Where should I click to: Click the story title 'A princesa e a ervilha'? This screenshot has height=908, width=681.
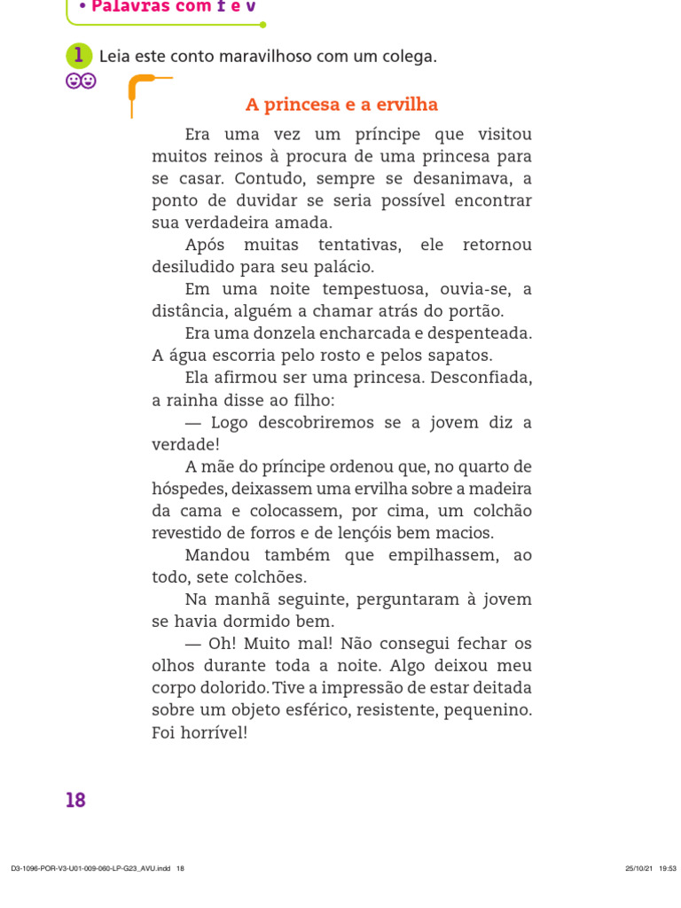[341, 105]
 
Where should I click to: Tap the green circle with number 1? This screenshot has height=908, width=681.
[79, 56]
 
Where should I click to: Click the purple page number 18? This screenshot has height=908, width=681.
[75, 800]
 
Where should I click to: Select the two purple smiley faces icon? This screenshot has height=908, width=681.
[81, 82]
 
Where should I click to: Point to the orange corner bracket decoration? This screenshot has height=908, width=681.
[142, 90]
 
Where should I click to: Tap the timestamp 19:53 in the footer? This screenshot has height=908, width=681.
[668, 868]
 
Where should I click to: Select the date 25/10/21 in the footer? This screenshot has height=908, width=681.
[638, 868]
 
